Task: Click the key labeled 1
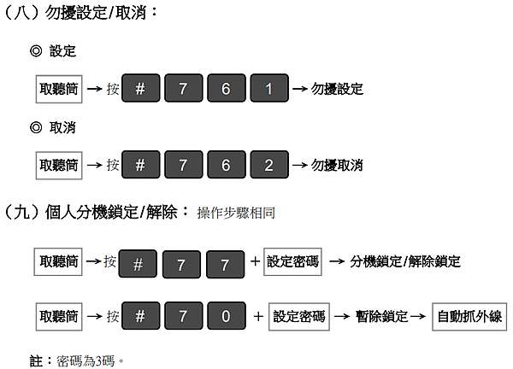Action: (x=269, y=88)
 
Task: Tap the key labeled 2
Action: (x=269, y=165)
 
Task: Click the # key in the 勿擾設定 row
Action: (x=141, y=88)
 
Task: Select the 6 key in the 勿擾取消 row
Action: (x=227, y=165)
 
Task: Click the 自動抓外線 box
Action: (x=469, y=316)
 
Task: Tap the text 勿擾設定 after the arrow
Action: (x=337, y=89)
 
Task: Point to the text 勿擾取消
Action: (x=337, y=166)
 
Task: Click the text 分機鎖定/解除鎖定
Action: (x=405, y=261)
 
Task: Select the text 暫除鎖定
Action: (x=381, y=316)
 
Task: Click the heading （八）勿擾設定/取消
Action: (x=80, y=13)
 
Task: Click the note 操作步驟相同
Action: (x=236, y=213)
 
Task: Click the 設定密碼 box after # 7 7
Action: (x=292, y=261)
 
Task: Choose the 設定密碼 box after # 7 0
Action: (x=299, y=316)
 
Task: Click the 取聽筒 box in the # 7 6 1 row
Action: (x=59, y=89)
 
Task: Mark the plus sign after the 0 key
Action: (x=258, y=316)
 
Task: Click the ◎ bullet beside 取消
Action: (x=36, y=127)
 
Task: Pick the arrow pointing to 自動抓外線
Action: (x=418, y=316)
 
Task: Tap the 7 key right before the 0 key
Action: (x=184, y=316)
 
